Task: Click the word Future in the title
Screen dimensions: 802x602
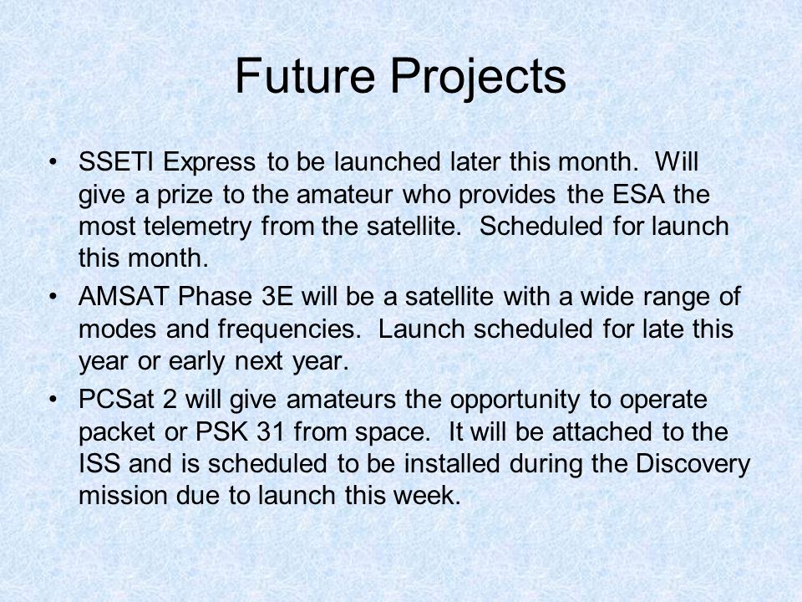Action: click(305, 76)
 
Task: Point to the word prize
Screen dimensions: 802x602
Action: click(185, 196)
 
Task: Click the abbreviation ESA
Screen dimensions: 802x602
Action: click(638, 194)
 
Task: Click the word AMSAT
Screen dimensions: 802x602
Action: click(124, 296)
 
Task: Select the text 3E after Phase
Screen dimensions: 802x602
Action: click(277, 296)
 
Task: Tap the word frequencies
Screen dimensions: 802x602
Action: click(289, 330)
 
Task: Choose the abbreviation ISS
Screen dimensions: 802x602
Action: click(99, 463)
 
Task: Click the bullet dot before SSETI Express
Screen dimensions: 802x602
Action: click(52, 163)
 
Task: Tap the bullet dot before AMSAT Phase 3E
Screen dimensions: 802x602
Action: click(52, 298)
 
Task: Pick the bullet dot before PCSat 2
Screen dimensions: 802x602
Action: click(52, 400)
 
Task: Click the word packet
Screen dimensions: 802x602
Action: click(117, 433)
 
